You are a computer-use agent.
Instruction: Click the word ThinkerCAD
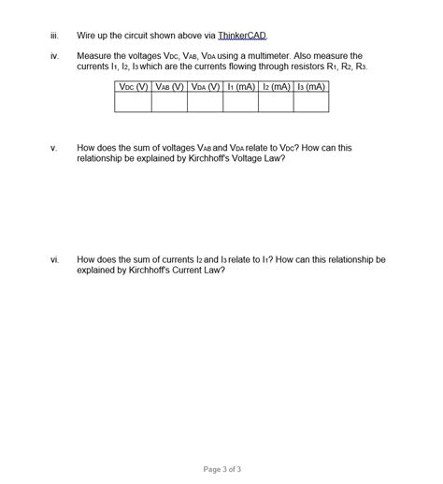click(242, 36)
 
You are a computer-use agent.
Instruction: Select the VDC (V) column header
click(134, 87)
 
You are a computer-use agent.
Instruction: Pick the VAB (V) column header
click(169, 87)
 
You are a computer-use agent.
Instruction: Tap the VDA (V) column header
click(205, 87)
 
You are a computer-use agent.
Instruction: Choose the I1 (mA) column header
click(240, 87)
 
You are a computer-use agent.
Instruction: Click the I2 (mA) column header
click(276, 87)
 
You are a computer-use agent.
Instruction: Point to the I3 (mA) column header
click(311, 87)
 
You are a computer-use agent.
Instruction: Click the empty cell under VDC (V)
click(134, 102)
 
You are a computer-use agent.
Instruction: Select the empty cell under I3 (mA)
click(311, 102)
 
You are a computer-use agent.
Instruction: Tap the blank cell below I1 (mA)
click(240, 102)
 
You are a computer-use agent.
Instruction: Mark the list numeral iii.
click(55, 36)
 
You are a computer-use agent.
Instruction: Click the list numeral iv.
click(55, 56)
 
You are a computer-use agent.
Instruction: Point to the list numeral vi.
click(55, 259)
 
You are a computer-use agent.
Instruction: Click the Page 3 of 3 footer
click(221, 468)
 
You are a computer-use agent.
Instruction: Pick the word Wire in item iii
click(86, 36)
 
